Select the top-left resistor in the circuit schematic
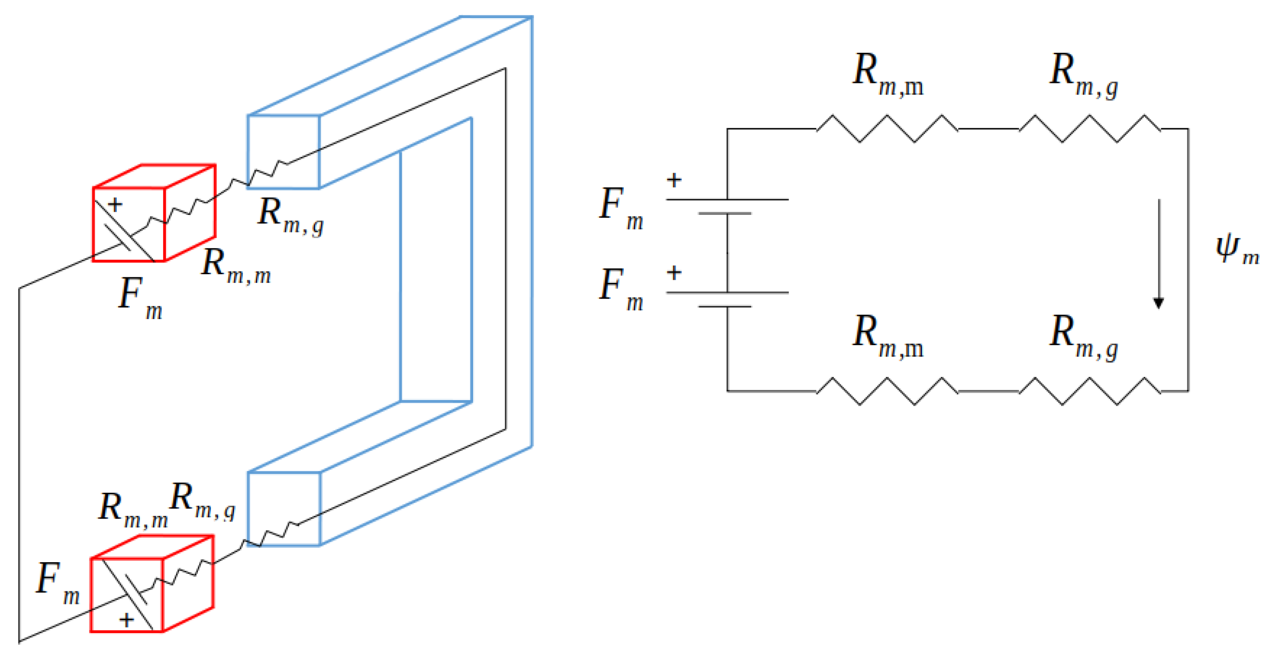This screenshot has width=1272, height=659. [x=887, y=129]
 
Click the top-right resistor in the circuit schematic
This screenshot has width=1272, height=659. [x=1089, y=129]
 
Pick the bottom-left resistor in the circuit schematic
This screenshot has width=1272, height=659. [x=887, y=391]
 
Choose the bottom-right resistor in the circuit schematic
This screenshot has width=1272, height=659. [x=1089, y=391]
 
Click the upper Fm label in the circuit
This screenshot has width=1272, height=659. [x=620, y=207]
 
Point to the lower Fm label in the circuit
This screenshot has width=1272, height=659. [x=620, y=289]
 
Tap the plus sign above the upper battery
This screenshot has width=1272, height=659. [x=674, y=180]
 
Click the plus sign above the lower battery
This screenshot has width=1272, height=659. [x=674, y=272]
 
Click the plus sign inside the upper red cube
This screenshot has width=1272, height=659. [x=115, y=204]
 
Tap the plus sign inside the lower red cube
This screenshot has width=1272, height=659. [x=127, y=620]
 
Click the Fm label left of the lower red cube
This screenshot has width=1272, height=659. [x=57, y=583]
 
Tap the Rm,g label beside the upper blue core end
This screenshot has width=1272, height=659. [x=291, y=216]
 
